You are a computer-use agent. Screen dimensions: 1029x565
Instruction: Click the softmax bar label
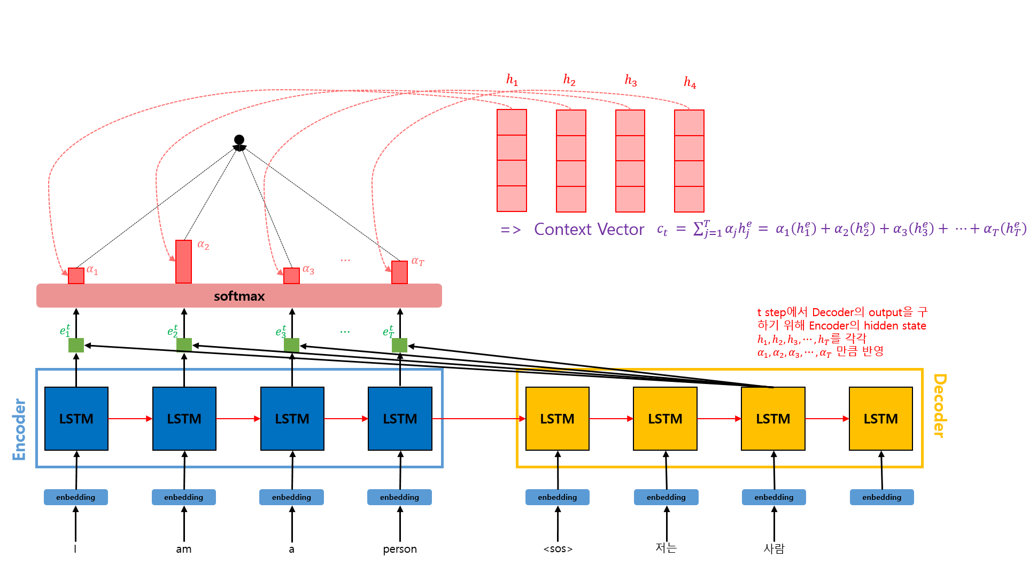click(239, 296)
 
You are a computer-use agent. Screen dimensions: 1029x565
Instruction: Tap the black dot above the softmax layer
click(239, 140)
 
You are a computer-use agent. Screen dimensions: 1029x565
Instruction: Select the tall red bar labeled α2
click(184, 262)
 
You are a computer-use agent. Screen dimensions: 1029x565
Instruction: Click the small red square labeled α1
click(76, 276)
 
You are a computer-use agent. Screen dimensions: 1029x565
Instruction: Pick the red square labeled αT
click(400, 272)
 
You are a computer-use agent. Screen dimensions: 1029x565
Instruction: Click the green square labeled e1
click(76, 345)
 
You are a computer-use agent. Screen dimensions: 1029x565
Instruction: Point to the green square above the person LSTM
click(400, 345)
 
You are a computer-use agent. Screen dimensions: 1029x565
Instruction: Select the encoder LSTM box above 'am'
click(184, 419)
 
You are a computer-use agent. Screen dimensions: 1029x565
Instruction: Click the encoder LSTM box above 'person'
click(400, 419)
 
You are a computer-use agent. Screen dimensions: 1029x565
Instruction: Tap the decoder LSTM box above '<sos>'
click(558, 419)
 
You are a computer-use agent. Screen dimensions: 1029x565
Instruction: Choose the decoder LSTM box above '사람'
click(773, 419)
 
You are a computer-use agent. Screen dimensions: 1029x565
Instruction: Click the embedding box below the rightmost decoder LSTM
click(882, 497)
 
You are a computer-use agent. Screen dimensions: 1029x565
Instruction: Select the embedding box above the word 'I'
click(76, 497)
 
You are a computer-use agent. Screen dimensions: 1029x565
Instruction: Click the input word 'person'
click(400, 550)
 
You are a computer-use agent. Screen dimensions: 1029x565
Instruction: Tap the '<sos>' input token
click(558, 549)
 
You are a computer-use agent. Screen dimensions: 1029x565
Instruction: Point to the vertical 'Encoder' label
click(19, 429)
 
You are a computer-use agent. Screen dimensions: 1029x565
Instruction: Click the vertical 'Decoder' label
click(939, 406)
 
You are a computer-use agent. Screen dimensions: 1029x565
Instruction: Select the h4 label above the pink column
click(690, 82)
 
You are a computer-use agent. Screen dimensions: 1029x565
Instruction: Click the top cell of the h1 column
click(512, 122)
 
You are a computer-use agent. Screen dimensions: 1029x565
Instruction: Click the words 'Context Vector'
click(589, 230)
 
